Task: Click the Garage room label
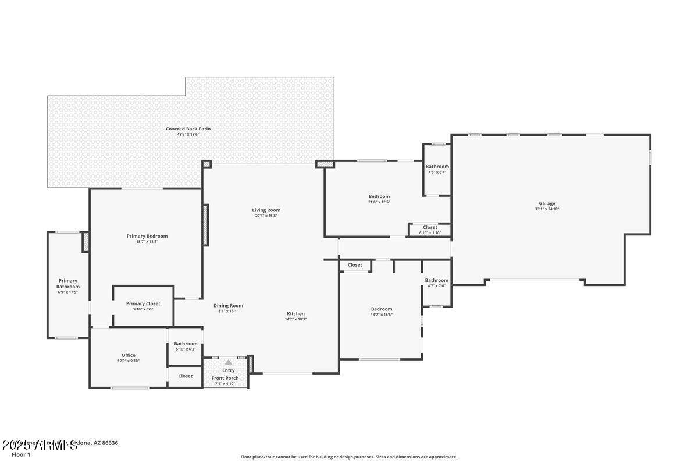[x=546, y=203]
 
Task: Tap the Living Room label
[x=266, y=210]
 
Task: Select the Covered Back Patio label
[x=188, y=129]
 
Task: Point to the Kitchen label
[x=295, y=313]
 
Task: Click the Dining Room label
[x=228, y=305]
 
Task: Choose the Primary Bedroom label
[x=147, y=236]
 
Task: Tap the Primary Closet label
[x=143, y=303]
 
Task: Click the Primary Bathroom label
[x=67, y=284]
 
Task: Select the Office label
[x=129, y=355]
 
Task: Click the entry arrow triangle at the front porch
[x=229, y=362]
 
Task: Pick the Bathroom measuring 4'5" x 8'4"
[x=437, y=167]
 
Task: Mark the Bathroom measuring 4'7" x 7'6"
[x=436, y=280]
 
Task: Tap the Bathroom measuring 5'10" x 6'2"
[x=186, y=344]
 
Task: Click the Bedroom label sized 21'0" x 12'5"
[x=379, y=196]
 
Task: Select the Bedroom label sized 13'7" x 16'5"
[x=382, y=309]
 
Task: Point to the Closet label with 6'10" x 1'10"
[x=430, y=227]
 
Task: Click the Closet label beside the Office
[x=186, y=376]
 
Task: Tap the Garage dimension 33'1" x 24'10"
[x=547, y=209]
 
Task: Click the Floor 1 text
[x=21, y=454]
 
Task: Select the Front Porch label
[x=225, y=378]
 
